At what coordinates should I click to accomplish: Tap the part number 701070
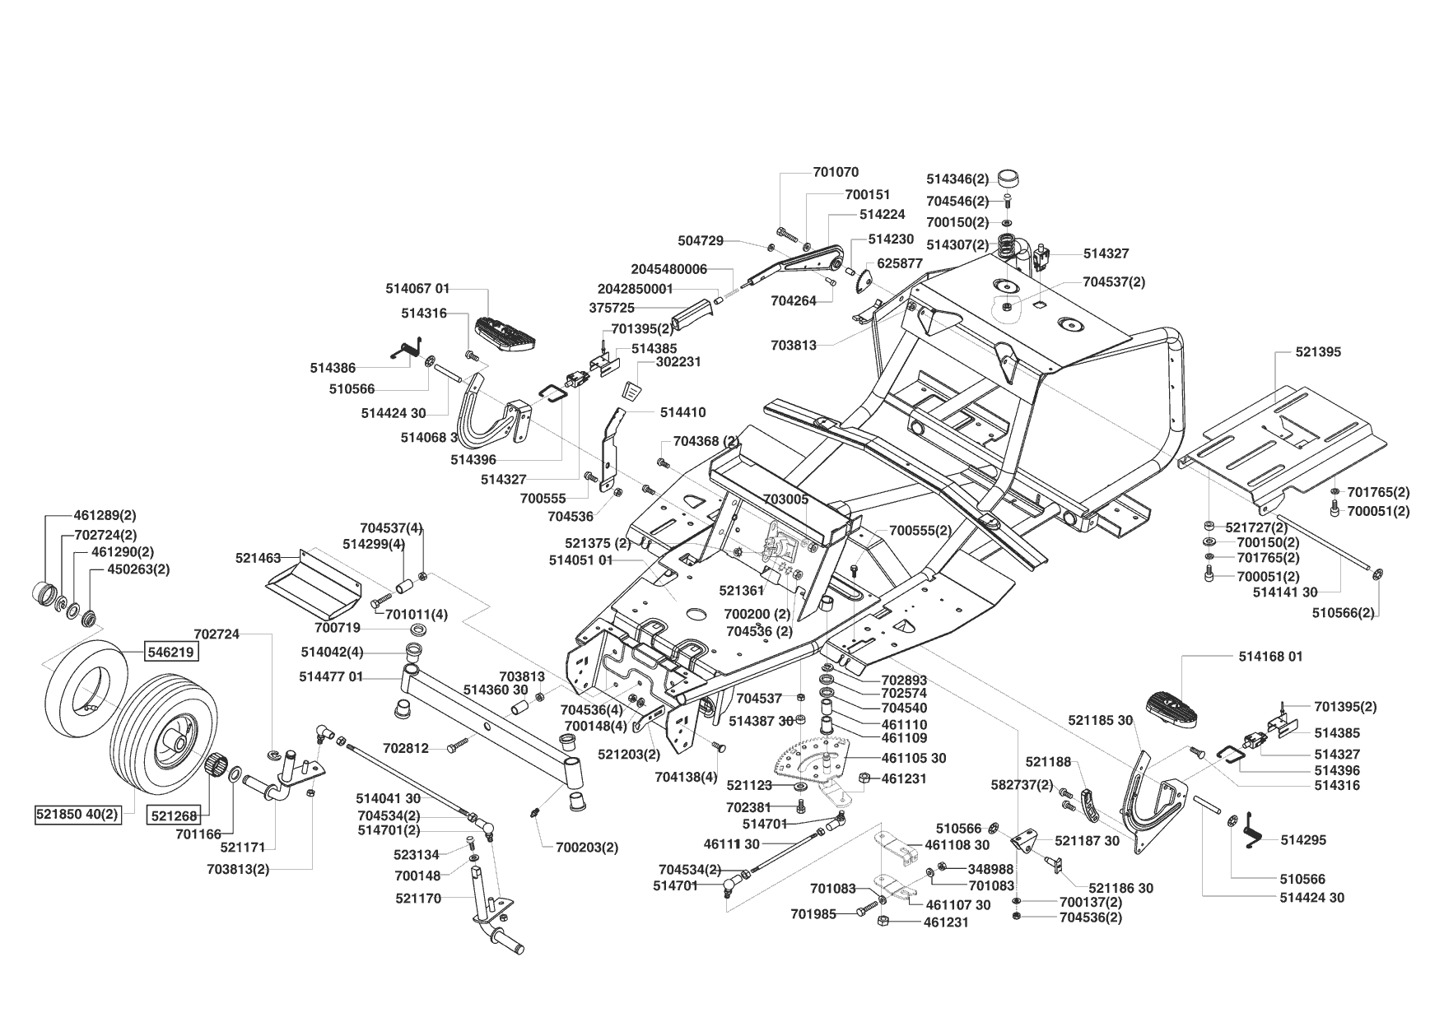coord(836,173)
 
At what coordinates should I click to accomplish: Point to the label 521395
coord(1318,352)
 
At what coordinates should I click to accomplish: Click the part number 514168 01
coord(1272,657)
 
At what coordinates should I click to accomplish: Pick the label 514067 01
coord(418,289)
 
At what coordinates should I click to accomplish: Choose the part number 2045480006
coord(669,269)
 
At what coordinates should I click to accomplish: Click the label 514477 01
coord(331,677)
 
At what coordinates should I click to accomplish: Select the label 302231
coord(679,362)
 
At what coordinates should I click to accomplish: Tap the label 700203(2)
coord(587,847)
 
